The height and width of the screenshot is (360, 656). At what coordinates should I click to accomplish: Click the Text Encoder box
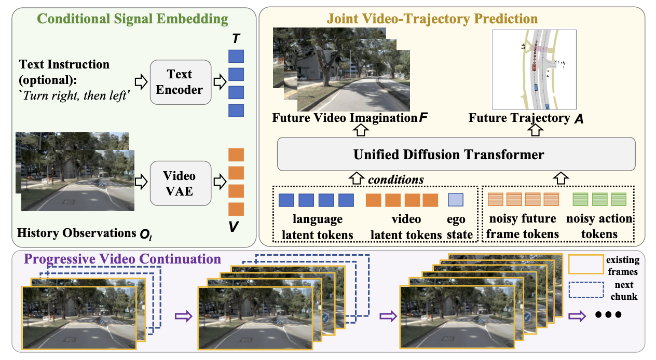tap(181, 82)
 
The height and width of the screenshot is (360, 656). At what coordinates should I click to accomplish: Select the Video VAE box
tap(181, 183)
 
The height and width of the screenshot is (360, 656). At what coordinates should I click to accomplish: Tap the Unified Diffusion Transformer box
tap(456, 154)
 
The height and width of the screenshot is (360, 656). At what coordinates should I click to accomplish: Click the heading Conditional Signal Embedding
tap(132, 19)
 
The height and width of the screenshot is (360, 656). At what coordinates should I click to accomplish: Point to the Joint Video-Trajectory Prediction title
tap(432, 19)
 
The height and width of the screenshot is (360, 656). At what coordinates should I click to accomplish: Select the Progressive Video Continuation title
tap(122, 259)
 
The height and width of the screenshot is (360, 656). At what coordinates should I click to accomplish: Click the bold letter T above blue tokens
tap(236, 38)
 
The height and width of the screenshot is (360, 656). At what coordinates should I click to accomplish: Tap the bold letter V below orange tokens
tap(234, 227)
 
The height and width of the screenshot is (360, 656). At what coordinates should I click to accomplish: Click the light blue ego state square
tap(456, 200)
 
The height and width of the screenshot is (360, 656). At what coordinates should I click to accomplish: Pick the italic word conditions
tap(396, 179)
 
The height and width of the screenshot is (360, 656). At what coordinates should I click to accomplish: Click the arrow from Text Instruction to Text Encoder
tap(141, 82)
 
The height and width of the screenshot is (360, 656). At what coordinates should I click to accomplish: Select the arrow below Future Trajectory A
tap(536, 130)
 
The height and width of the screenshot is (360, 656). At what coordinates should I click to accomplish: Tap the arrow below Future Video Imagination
tap(361, 130)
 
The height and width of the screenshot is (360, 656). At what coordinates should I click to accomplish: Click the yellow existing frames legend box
tap(586, 264)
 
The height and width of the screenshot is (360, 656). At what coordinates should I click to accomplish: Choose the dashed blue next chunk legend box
tap(586, 289)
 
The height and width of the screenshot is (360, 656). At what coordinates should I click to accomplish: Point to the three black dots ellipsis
tap(608, 315)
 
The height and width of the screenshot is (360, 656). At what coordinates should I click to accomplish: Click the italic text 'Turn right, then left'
tap(74, 96)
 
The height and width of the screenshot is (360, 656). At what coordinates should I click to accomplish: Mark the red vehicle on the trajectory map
tap(534, 67)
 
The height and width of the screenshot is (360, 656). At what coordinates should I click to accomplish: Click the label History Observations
tap(77, 233)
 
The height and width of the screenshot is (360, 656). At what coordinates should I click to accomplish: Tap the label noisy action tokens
tap(599, 226)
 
